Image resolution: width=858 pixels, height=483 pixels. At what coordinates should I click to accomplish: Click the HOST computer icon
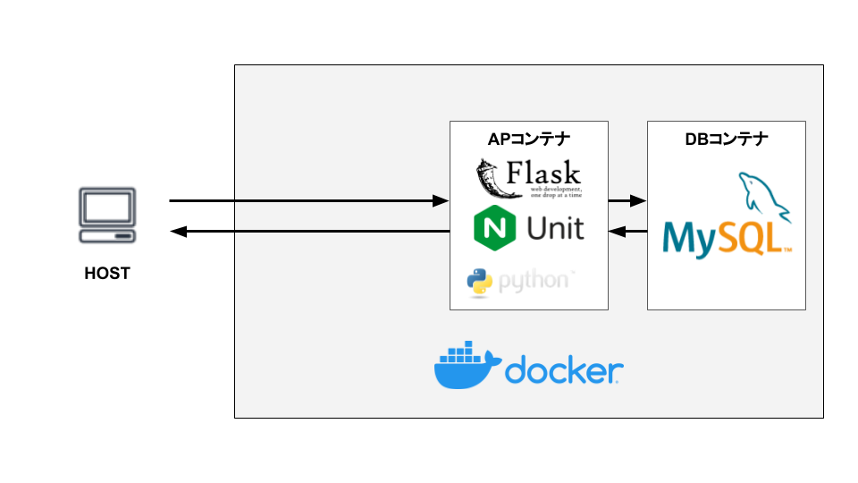point(107,216)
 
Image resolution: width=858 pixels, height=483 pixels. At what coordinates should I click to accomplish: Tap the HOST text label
point(107,274)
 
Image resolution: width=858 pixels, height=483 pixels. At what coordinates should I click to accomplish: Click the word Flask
point(543,172)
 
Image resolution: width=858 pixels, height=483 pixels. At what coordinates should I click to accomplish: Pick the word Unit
point(555,229)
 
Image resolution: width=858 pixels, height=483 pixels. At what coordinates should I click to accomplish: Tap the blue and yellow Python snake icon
point(480,282)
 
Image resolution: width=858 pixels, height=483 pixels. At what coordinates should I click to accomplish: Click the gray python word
point(534,282)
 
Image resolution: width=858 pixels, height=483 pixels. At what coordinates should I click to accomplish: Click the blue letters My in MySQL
point(688,239)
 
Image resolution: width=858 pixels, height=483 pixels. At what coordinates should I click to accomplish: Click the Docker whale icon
point(463,367)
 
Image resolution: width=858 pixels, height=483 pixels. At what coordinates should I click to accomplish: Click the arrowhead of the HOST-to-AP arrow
point(441,201)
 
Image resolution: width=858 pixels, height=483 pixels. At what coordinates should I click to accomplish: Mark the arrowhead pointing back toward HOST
point(177,233)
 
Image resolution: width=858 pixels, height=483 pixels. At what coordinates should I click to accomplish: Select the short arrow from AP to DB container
point(627,201)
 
